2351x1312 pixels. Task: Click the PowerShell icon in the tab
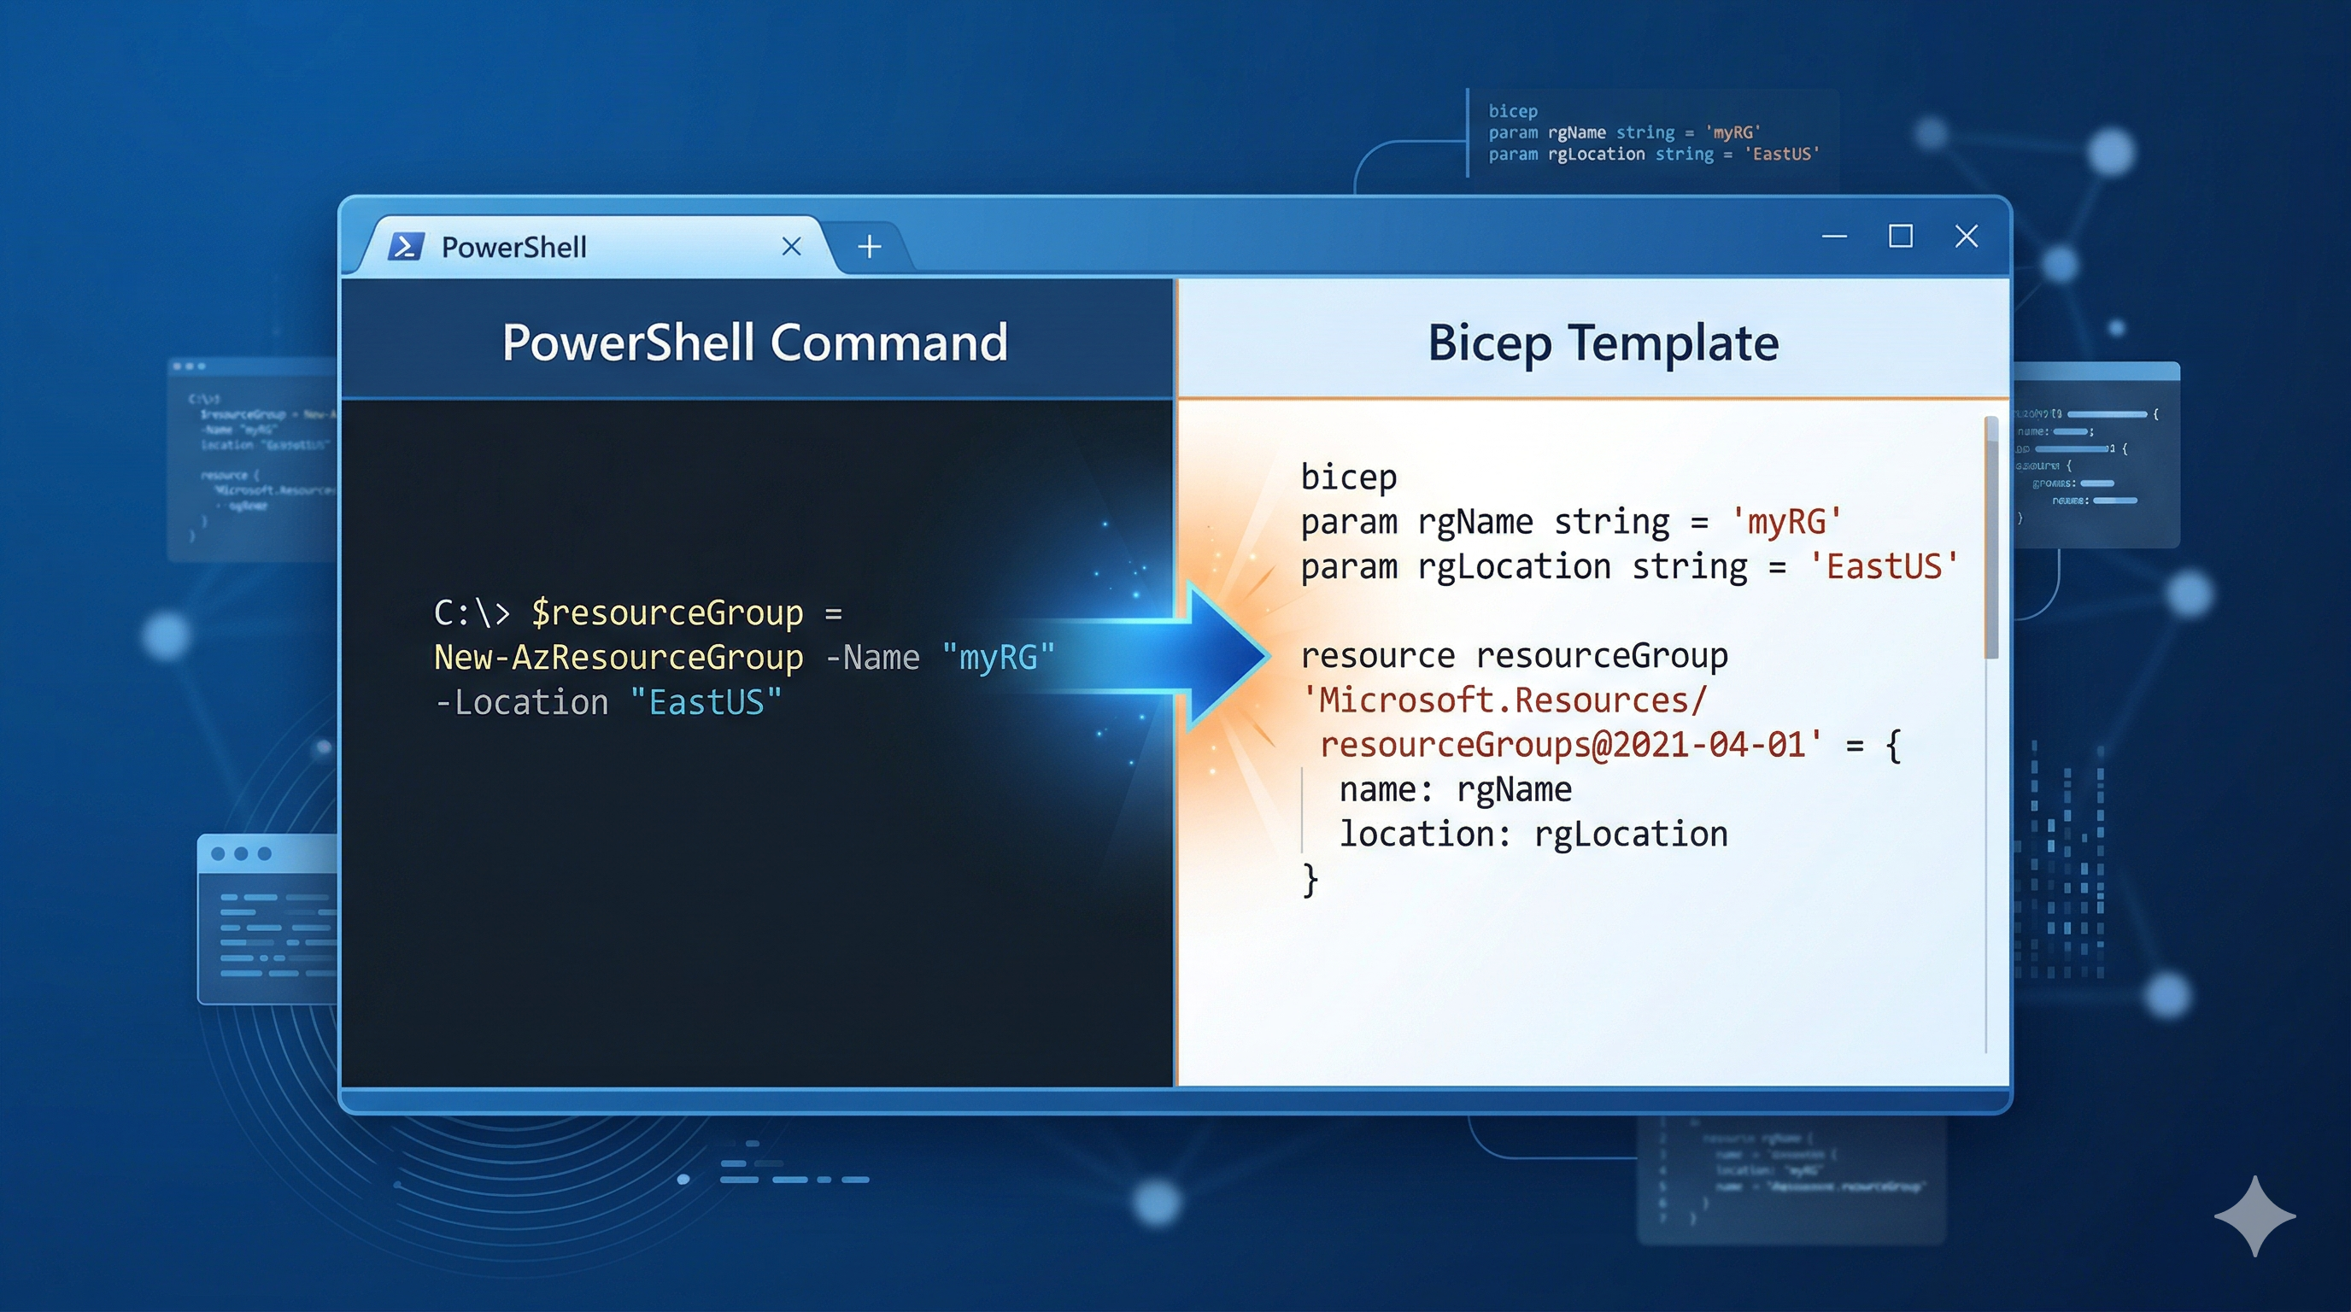pos(405,246)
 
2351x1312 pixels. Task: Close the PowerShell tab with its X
pos(791,246)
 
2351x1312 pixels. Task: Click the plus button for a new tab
pos(869,246)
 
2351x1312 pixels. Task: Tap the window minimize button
pos(1833,237)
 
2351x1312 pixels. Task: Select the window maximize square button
pos(1900,237)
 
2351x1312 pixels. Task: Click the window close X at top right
pos(1966,237)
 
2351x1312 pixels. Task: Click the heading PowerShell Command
pos(755,343)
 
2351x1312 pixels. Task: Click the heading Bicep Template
pos(1603,343)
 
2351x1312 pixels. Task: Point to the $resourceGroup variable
pos(667,612)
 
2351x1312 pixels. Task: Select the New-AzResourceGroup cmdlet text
pos(618,657)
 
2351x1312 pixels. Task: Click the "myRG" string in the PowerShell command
pos(998,657)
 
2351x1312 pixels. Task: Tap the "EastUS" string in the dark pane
pos(706,702)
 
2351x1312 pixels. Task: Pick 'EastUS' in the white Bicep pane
pos(1884,566)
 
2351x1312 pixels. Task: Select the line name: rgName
pos(1455,789)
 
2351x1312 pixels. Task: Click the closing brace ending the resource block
pos(1310,880)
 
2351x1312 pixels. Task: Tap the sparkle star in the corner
pos(2254,1215)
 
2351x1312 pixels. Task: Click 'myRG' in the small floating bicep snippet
pos(1732,132)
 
